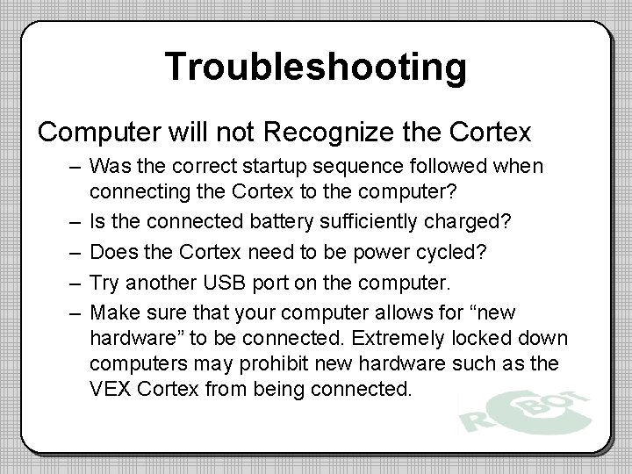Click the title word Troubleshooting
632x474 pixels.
pos(316,66)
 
